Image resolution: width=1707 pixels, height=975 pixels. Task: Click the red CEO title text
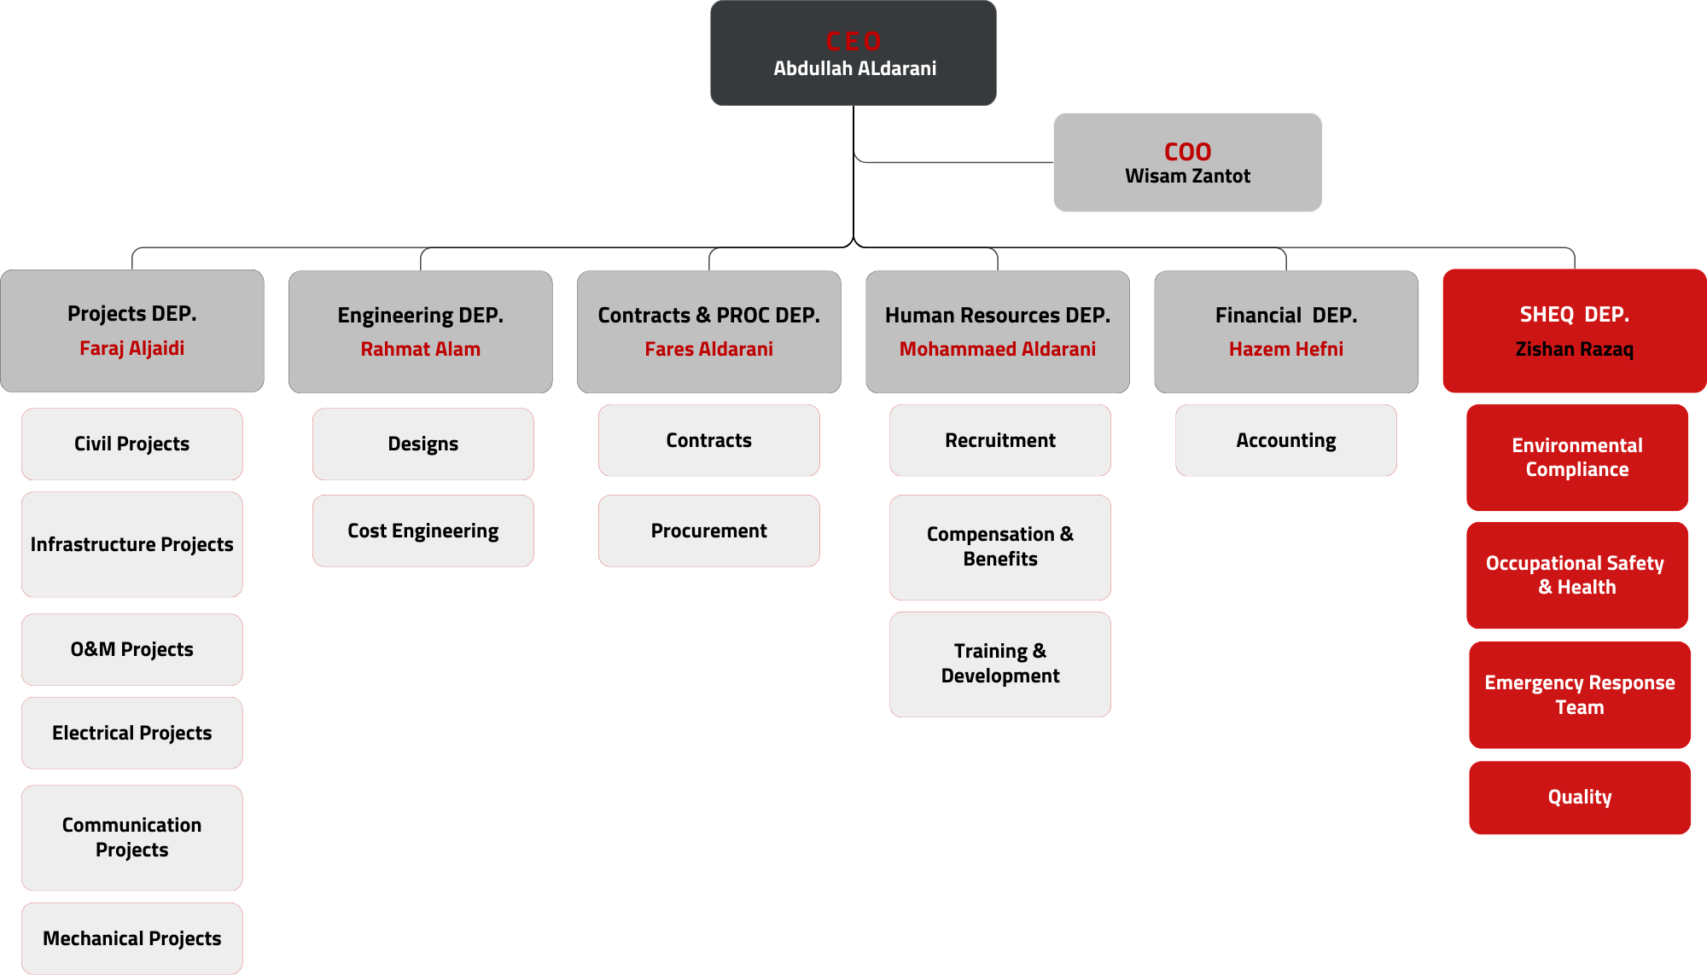tap(853, 42)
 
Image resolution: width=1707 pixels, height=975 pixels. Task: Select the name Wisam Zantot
tap(1187, 177)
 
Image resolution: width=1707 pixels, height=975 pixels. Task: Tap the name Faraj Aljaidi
tap(131, 348)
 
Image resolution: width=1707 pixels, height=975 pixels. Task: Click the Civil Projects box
tap(131, 444)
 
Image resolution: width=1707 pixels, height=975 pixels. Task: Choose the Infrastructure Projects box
tap(131, 545)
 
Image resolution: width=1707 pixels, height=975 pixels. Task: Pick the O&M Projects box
tap(131, 650)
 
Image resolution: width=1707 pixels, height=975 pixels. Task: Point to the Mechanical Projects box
tap(131, 939)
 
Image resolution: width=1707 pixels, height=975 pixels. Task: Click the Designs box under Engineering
tap(422, 444)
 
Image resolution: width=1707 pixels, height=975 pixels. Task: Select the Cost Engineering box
tap(422, 531)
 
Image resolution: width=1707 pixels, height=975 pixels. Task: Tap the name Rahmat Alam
tap(420, 349)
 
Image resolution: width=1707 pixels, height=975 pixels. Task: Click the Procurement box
tap(708, 531)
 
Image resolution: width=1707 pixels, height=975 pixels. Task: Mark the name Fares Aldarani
tap(708, 349)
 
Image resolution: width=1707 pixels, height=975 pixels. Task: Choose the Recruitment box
tap(999, 441)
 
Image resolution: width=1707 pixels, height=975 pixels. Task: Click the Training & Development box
tap(999, 665)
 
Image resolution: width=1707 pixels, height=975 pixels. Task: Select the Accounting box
tap(1285, 441)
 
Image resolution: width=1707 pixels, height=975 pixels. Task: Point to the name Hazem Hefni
tap(1285, 349)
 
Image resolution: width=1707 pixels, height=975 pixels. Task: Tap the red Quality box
tap(1579, 798)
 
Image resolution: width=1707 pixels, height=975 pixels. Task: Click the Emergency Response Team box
tap(1579, 695)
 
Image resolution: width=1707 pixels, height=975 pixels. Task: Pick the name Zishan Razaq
tap(1574, 349)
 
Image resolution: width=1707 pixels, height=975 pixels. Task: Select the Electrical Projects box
tap(131, 734)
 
